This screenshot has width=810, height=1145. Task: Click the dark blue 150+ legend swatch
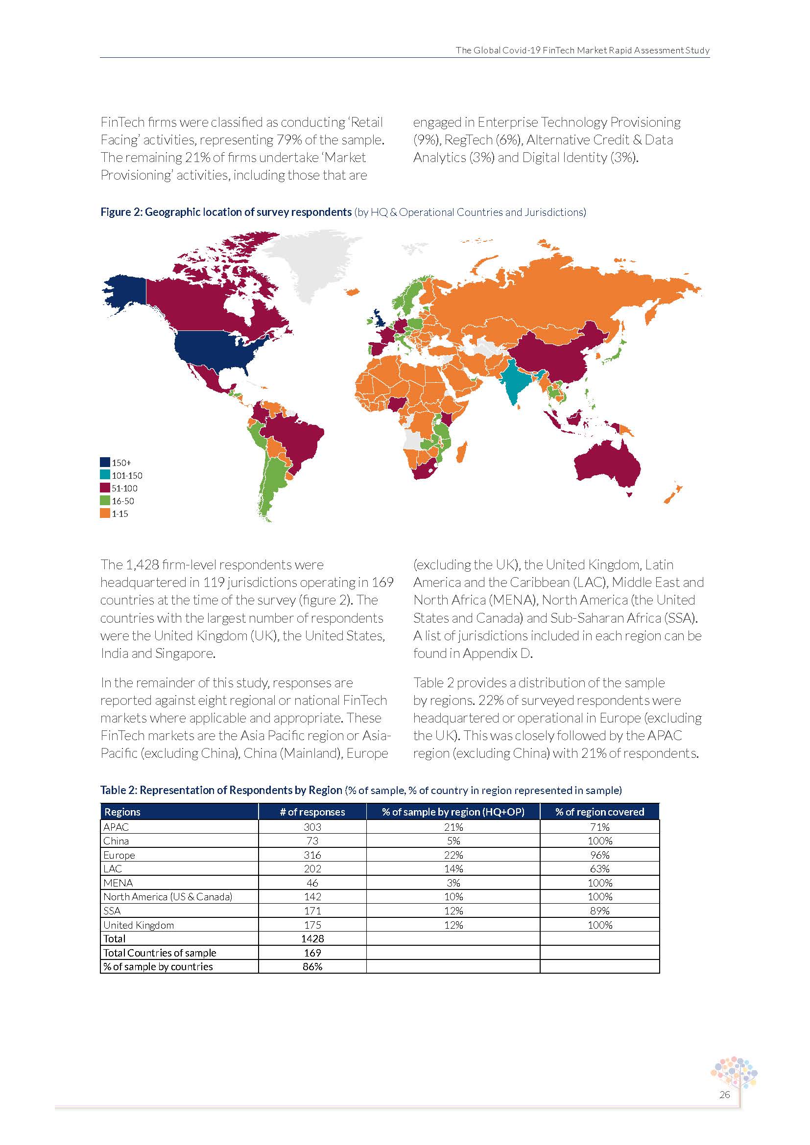coord(105,462)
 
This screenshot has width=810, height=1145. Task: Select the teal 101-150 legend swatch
coord(105,475)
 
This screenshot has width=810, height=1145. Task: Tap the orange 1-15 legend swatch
coord(105,513)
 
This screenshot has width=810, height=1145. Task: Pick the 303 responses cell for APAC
coord(312,827)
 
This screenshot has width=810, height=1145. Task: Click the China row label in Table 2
coord(116,841)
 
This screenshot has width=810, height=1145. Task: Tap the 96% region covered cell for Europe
coord(599,855)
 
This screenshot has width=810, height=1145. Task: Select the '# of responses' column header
coord(312,812)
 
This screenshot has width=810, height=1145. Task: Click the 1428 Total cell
coord(312,938)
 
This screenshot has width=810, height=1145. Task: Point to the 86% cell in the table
coord(312,966)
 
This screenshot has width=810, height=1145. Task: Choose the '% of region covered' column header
coord(599,812)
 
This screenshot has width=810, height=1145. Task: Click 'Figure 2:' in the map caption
coord(121,212)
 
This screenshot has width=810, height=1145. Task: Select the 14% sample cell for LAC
coord(453,869)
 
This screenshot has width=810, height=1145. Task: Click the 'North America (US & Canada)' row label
coord(167,897)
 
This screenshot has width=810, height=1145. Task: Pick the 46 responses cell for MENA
coord(312,883)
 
